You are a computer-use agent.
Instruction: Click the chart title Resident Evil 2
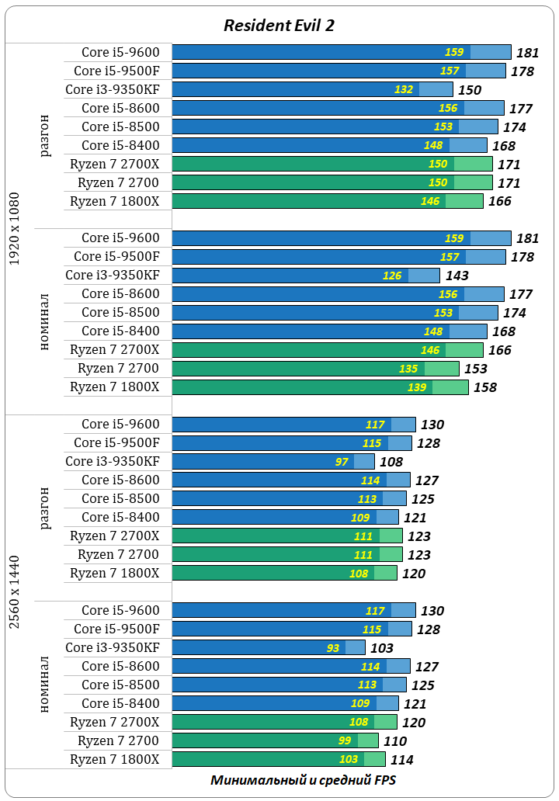(x=279, y=25)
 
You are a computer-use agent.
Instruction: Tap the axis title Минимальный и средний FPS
(x=303, y=780)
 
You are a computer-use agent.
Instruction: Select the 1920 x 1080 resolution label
(x=15, y=228)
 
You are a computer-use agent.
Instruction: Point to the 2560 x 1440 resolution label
(x=15, y=591)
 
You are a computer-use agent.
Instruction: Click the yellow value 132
(x=404, y=89)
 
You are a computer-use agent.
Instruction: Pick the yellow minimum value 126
(x=393, y=276)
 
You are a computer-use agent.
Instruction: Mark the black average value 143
(x=457, y=276)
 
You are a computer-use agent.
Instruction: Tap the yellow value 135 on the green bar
(x=408, y=369)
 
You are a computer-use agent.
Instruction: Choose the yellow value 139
(x=417, y=387)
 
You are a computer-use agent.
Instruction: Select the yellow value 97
(x=342, y=462)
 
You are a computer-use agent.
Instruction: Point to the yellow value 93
(x=333, y=648)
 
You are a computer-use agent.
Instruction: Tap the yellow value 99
(x=345, y=741)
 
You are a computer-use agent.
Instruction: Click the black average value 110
(x=395, y=741)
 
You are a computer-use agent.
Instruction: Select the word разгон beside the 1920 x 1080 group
(x=45, y=135)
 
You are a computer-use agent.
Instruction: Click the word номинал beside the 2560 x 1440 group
(x=45, y=685)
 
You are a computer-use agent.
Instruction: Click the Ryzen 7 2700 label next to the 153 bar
(x=118, y=368)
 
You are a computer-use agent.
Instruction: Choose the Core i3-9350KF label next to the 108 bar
(x=113, y=461)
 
